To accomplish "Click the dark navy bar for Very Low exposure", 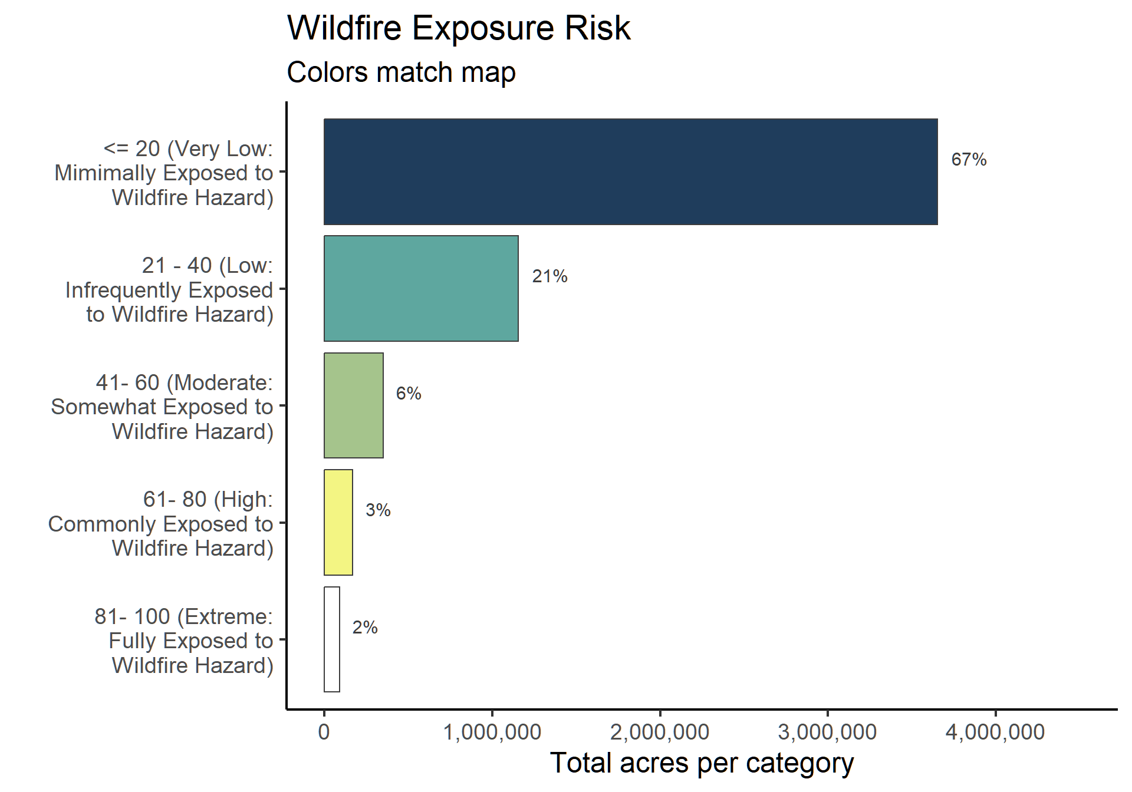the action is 630,171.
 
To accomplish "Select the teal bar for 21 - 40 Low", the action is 421,288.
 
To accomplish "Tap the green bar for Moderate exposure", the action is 354,405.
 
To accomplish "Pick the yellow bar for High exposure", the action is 338,522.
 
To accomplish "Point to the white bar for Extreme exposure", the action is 332,639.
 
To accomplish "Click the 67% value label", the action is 969,160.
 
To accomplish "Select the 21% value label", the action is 549,276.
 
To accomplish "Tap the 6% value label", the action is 409,394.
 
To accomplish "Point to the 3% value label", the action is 378,510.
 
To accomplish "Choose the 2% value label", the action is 365,628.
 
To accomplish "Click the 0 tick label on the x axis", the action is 324,732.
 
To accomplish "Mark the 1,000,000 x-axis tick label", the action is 492,732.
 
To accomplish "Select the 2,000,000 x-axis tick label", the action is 660,732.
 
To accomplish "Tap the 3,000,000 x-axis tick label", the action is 828,732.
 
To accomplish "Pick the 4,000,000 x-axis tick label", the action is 995,732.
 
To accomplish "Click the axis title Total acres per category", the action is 702,764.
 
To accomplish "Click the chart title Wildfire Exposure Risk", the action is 459,28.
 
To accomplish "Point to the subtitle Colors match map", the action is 401,72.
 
